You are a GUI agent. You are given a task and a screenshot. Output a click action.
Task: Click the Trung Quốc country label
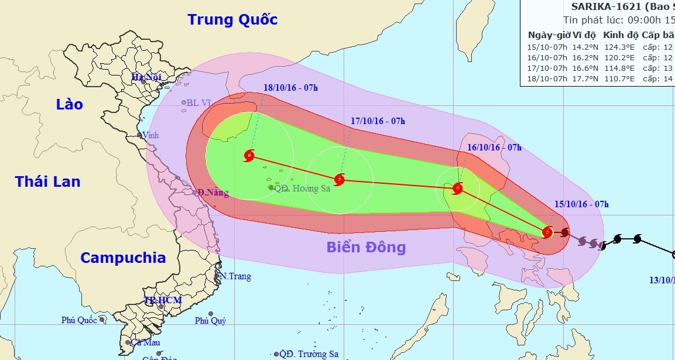(232, 19)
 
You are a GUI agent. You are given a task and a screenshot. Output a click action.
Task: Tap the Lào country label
(70, 105)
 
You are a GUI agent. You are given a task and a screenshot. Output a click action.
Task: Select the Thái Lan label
(48, 181)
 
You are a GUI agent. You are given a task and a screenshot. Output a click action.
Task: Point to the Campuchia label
(123, 258)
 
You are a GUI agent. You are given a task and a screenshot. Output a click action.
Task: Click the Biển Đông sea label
(366, 247)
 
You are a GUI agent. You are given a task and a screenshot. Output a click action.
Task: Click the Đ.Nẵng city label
(213, 193)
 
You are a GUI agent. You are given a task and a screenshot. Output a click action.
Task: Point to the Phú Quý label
(210, 320)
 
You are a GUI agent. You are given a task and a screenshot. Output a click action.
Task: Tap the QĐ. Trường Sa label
(309, 354)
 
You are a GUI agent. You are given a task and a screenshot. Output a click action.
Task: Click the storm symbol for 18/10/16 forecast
(250, 156)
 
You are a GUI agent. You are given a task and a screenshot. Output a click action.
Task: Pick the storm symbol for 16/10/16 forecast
(458, 188)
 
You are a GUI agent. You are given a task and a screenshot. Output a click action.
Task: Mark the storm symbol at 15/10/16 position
(547, 232)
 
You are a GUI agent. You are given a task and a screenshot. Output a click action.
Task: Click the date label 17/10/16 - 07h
(378, 121)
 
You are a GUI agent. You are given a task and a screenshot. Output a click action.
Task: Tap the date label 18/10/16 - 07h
(290, 88)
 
